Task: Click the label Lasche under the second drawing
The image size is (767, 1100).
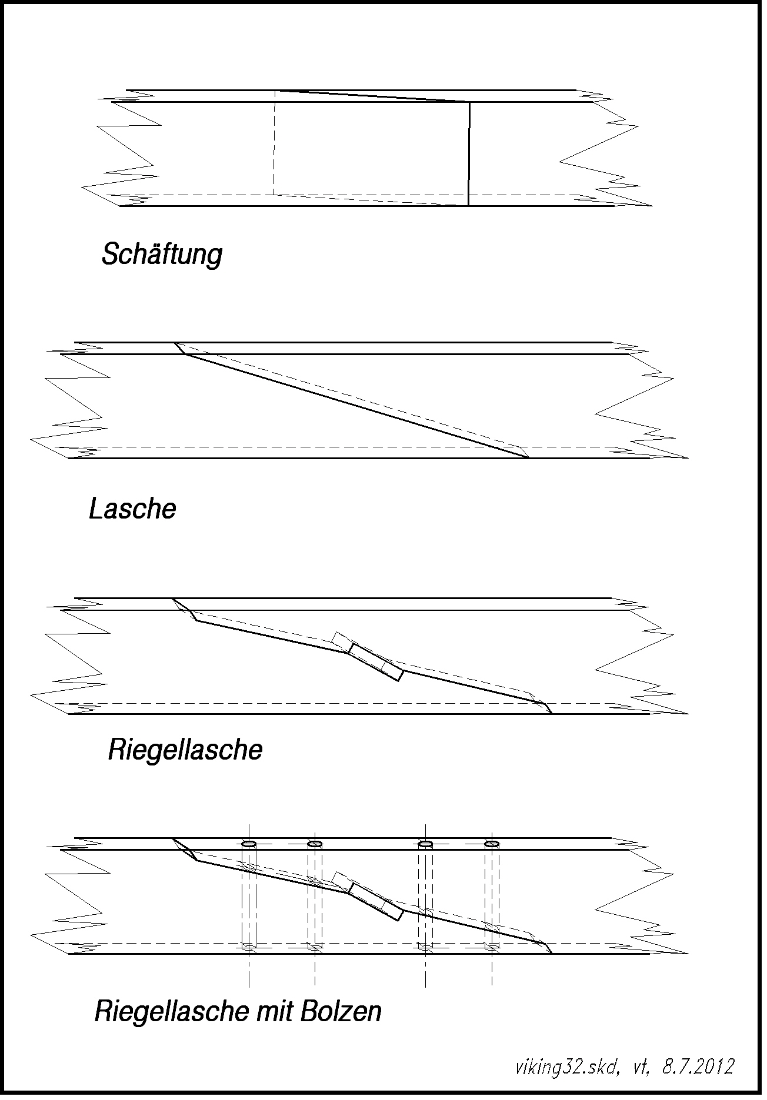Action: (x=132, y=509)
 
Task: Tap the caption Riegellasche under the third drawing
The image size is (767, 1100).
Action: (x=185, y=751)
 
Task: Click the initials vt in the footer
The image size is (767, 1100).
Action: (x=641, y=1068)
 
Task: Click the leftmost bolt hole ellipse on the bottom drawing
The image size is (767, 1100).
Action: (x=249, y=844)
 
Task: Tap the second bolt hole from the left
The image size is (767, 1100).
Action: (x=315, y=844)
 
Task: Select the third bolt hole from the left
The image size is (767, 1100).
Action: (x=425, y=844)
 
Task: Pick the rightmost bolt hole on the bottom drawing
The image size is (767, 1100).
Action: (x=492, y=844)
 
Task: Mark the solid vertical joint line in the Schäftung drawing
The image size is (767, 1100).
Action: (x=469, y=154)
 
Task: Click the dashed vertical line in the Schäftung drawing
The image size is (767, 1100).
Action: (x=275, y=142)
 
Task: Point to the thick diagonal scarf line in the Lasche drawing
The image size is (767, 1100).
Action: (x=357, y=406)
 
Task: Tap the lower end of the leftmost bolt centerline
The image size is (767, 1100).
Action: (x=249, y=986)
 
